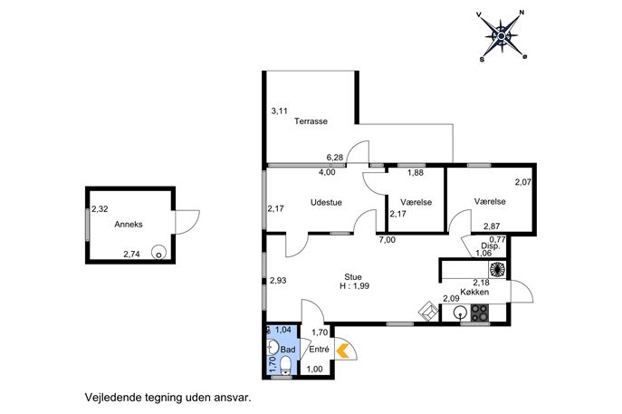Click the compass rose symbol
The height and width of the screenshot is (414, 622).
(x=502, y=36)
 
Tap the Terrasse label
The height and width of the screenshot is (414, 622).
(x=311, y=121)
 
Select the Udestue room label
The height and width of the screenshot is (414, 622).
(x=326, y=202)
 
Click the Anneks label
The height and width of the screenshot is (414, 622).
(x=129, y=225)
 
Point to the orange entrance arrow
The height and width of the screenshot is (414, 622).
(x=343, y=351)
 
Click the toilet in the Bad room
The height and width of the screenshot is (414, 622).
(x=285, y=366)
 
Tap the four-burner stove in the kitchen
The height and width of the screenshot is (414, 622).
(x=479, y=313)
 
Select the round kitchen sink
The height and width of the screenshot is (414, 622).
(x=460, y=313)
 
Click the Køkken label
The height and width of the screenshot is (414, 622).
(x=474, y=292)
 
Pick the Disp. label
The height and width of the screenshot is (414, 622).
(x=491, y=246)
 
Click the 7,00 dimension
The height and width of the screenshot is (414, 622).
(x=388, y=240)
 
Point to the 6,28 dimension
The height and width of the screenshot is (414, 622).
(x=335, y=158)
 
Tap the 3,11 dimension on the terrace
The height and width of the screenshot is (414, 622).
(x=279, y=111)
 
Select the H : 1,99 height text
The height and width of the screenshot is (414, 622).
(x=355, y=285)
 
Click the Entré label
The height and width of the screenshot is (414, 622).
(x=319, y=350)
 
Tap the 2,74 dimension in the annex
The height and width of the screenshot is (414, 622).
(x=131, y=255)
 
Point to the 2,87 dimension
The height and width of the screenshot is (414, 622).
(x=492, y=226)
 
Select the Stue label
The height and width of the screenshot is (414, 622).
(x=353, y=277)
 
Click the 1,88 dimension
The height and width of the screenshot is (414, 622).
(x=416, y=173)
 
